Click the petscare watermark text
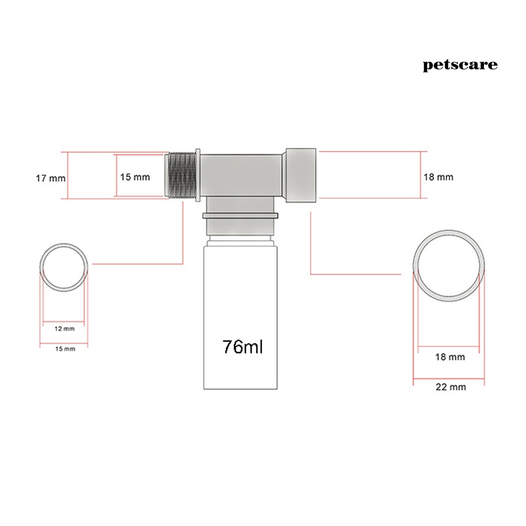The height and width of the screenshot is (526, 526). pos(460,65)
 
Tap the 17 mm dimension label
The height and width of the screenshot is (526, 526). pos(50,178)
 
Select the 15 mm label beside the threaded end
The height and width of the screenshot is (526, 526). pos(135,177)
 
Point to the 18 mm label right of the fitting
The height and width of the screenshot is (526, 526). pos(438,177)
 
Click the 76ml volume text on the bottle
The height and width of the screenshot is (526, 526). pos(242,347)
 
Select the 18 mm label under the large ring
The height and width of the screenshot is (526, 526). pos(450,357)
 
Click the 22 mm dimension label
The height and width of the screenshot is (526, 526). pos(450,387)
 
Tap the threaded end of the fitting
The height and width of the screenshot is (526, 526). pos(182,175)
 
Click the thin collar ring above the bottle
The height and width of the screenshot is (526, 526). pos(241,215)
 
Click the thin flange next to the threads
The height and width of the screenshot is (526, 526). pos(198,175)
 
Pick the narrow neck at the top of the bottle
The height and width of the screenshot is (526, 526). pos(241,241)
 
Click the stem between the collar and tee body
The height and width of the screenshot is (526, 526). pos(241,205)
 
